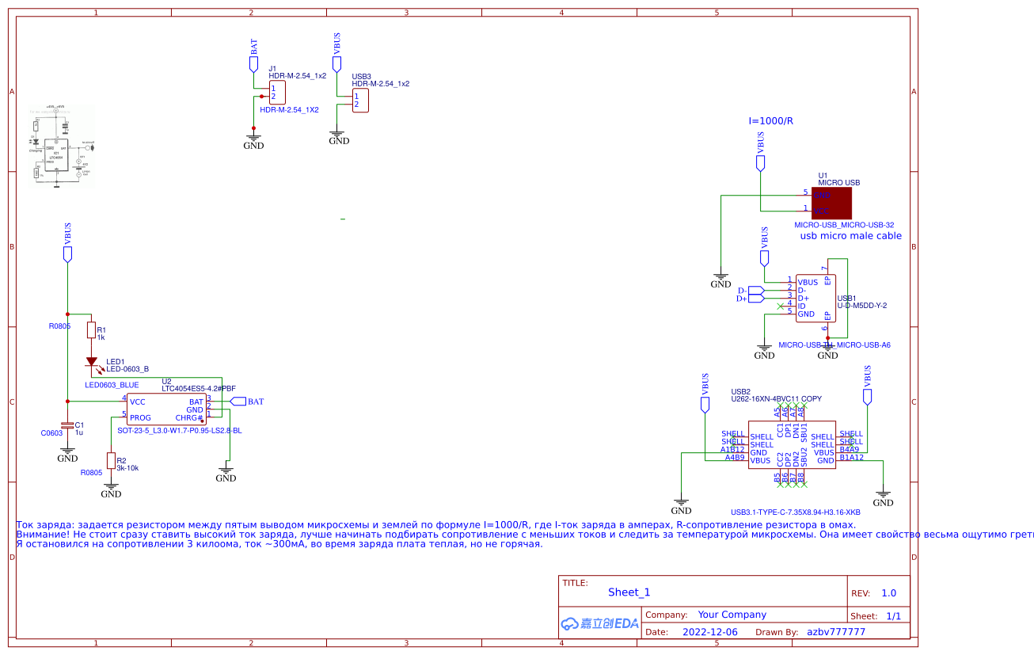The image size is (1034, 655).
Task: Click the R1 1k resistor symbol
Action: coord(91,330)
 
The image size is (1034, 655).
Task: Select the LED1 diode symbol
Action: coord(93,363)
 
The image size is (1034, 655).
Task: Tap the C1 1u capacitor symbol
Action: coord(68,425)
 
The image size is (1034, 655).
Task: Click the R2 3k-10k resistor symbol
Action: coord(111,461)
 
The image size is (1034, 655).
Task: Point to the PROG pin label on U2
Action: coord(140,417)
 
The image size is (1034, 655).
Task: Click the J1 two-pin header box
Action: coord(276,92)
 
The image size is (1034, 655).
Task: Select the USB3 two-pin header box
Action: coord(360,100)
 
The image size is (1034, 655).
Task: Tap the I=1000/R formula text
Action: coord(770,121)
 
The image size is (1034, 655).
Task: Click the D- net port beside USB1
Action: coord(755,290)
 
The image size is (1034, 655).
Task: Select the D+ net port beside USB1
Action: coord(755,298)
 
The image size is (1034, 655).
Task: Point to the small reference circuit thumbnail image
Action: coord(62,146)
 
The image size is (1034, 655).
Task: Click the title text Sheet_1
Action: coord(629,592)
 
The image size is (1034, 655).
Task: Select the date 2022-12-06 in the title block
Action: coord(709,632)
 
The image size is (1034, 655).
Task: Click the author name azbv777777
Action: coord(835,632)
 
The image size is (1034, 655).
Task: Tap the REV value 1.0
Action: coord(888,593)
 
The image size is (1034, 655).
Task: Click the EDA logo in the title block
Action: coord(599,623)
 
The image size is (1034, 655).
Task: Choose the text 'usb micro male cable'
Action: coord(850,235)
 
